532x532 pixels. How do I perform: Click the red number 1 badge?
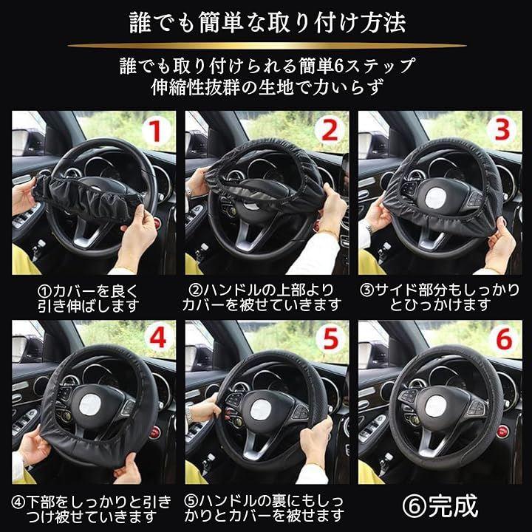point(156,131)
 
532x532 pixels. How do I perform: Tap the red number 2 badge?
point(329,131)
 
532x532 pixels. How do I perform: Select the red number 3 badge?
point(502,130)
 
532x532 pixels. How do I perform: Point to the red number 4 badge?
point(157,338)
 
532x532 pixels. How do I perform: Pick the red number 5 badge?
point(331,338)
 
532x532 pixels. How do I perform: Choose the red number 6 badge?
point(504,338)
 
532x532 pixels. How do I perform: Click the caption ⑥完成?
point(440,506)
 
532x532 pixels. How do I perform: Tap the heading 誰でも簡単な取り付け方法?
point(267,23)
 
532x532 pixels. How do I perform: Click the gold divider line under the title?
point(267,46)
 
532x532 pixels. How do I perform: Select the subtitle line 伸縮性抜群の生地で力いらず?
point(267,87)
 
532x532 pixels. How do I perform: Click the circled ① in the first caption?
point(44,291)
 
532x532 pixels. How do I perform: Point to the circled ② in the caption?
point(195,290)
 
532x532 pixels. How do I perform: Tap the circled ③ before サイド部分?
point(366,290)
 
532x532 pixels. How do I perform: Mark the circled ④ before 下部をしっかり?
point(18,502)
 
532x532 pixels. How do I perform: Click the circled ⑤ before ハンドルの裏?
point(191,501)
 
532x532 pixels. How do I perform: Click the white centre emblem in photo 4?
point(89,406)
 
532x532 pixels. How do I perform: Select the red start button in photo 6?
point(502,432)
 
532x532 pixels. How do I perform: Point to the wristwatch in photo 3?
point(369,227)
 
